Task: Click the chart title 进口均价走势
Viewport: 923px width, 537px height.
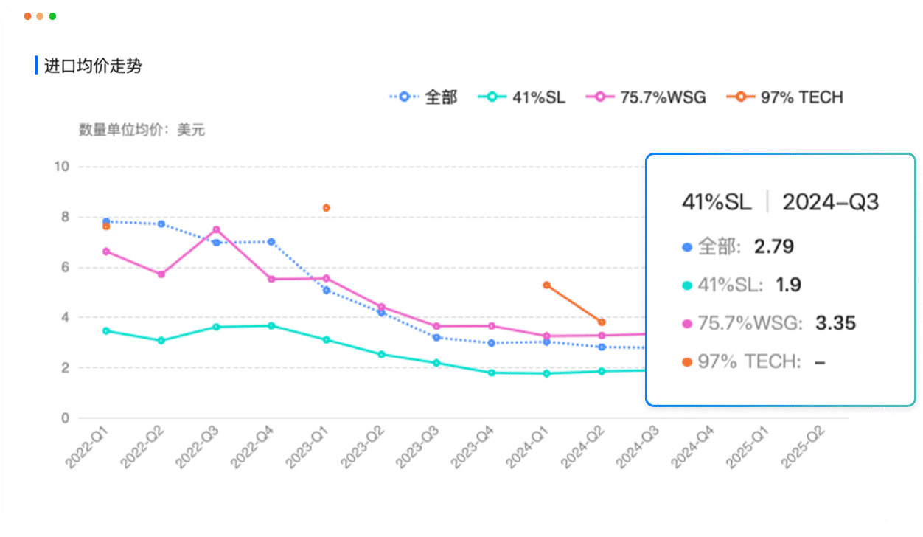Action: [93, 66]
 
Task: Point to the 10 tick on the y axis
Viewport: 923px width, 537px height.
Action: [62, 167]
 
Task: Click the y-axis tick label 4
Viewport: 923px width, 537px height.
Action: [65, 317]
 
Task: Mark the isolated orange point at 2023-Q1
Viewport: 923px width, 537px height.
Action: [326, 208]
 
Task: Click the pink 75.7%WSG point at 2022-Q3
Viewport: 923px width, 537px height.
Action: [216, 229]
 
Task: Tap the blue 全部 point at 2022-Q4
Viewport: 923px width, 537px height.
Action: [271, 242]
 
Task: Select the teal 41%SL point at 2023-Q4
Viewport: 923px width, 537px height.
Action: [492, 373]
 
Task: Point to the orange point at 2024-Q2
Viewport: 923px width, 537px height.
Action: [602, 322]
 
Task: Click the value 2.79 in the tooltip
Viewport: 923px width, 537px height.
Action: [773, 246]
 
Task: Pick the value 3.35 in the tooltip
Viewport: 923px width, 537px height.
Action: [835, 323]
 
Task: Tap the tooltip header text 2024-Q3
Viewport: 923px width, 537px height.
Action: [831, 202]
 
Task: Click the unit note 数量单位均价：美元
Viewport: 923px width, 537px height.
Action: [142, 131]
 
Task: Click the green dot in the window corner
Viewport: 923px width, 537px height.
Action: [52, 16]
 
